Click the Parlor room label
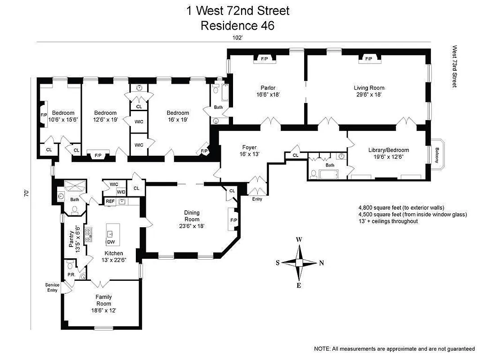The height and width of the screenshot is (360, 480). (x=268, y=88)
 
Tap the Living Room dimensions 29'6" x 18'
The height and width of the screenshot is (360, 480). (x=369, y=95)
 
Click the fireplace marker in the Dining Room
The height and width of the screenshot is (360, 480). (x=233, y=220)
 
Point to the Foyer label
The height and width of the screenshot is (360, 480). (x=249, y=147)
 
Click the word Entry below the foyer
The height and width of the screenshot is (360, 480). (x=257, y=199)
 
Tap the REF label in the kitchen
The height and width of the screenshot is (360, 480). (x=109, y=201)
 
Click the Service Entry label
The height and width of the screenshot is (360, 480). (x=52, y=288)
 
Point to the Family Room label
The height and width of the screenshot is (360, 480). (x=103, y=300)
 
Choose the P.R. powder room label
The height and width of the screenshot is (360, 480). (x=71, y=274)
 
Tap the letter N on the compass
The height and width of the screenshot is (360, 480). (x=321, y=264)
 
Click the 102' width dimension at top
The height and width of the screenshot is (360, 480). (x=238, y=38)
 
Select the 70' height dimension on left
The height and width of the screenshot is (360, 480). (x=27, y=193)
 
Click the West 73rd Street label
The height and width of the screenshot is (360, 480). (x=454, y=66)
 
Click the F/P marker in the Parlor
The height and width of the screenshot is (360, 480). (x=265, y=58)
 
